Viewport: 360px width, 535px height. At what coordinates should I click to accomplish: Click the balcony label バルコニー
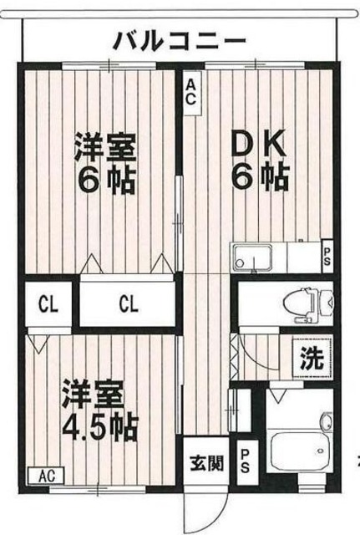pyautogui.click(x=180, y=42)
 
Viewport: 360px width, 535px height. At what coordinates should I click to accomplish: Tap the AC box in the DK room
pyautogui.click(x=191, y=93)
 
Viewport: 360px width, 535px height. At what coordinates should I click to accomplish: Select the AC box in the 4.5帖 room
pyautogui.click(x=47, y=476)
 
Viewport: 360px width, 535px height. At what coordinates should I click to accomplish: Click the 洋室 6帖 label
pyautogui.click(x=105, y=164)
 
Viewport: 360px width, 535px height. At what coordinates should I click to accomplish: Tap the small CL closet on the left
pyautogui.click(x=48, y=304)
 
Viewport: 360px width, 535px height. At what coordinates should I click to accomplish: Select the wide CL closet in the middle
pyautogui.click(x=129, y=303)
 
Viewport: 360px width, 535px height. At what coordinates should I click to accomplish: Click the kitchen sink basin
pyautogui.click(x=252, y=257)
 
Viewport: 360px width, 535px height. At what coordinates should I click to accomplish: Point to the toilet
pyautogui.click(x=309, y=304)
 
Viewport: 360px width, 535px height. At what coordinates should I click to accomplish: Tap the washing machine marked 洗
pyautogui.click(x=312, y=358)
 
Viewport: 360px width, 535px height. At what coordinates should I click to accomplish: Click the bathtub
pyautogui.click(x=299, y=451)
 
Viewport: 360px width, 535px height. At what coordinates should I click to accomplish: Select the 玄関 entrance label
pyautogui.click(x=206, y=463)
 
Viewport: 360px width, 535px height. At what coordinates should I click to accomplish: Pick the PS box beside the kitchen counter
pyautogui.click(x=327, y=257)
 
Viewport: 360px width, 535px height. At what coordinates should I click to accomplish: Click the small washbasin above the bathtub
pyautogui.click(x=327, y=421)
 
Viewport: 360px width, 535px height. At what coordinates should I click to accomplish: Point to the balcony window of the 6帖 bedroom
pyautogui.click(x=109, y=65)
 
